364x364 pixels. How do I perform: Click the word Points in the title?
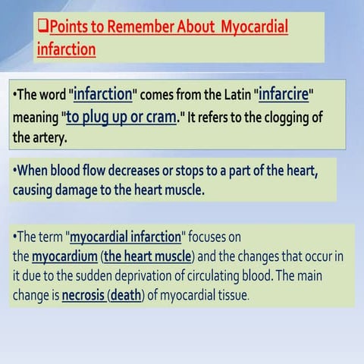pos(67,27)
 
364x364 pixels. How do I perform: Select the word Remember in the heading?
pos(140,27)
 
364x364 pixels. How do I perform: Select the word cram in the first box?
pos(161,118)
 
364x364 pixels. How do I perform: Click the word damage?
pos(77,190)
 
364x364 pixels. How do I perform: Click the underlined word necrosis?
pos(83,295)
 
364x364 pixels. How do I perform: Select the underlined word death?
pos(126,295)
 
